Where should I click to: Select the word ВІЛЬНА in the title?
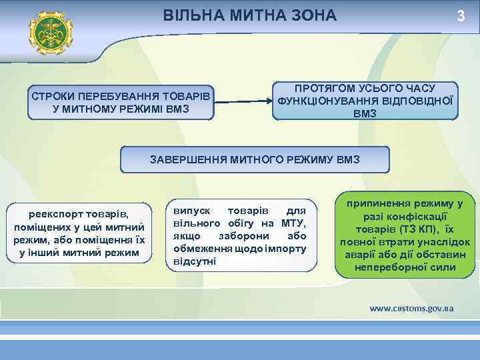(190, 15)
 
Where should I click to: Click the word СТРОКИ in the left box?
(54, 97)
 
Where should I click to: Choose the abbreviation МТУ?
(293, 223)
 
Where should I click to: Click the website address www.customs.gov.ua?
(411, 309)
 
